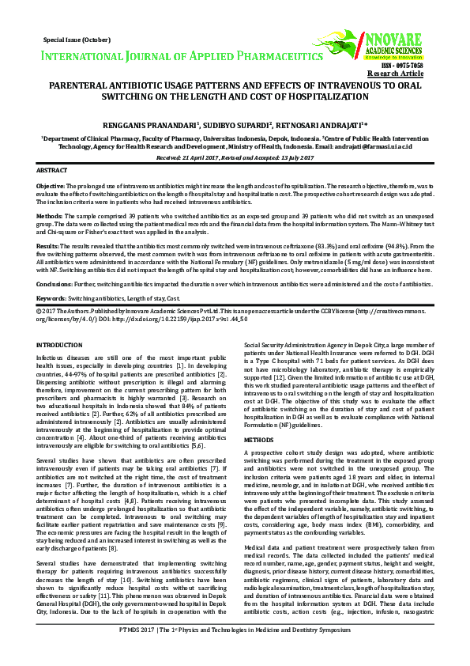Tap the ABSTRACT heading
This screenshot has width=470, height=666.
[x=52, y=171]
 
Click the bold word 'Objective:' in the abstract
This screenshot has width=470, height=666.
[x=51, y=185]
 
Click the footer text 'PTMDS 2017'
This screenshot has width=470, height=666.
[x=139, y=652]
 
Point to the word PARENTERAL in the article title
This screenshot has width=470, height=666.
[x=80, y=83]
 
